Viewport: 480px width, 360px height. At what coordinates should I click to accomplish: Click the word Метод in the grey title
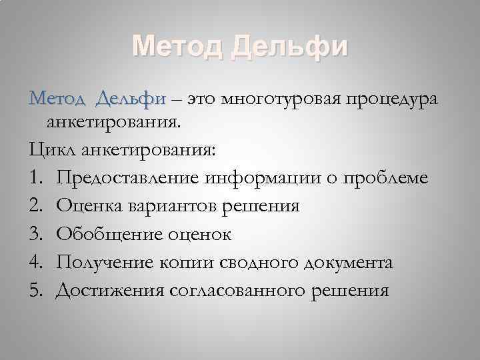(x=177, y=47)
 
